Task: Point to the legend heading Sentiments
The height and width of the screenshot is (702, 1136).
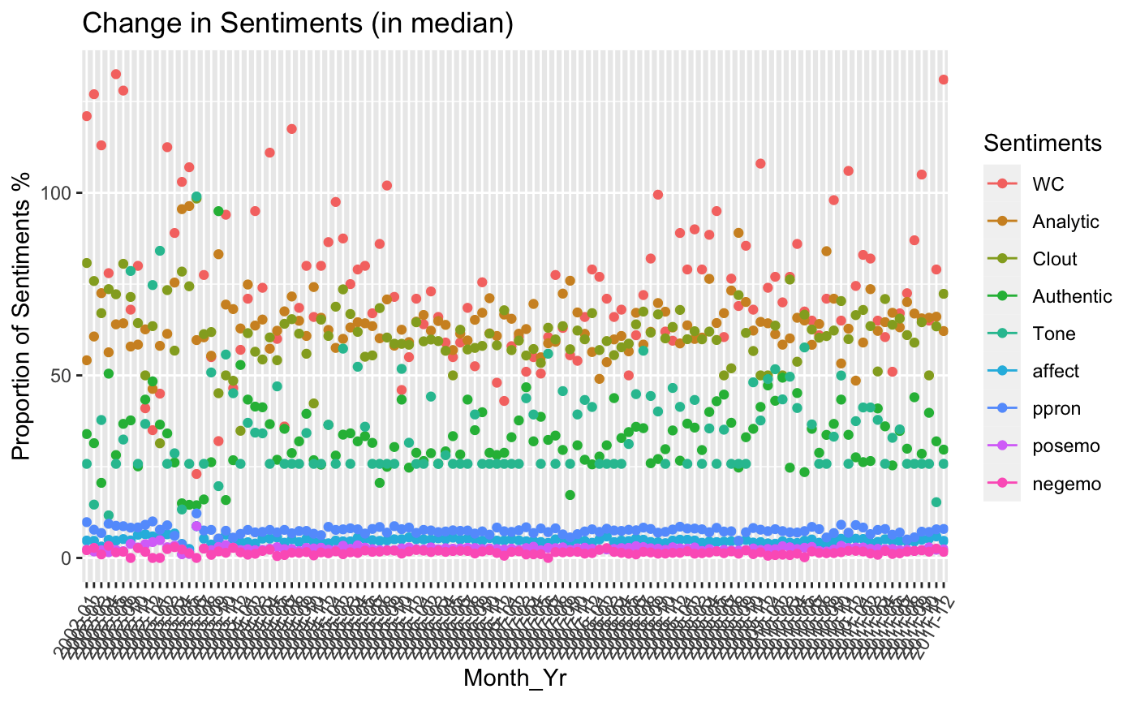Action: pyautogui.click(x=1042, y=144)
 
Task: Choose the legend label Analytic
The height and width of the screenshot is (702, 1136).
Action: pyautogui.click(x=1065, y=222)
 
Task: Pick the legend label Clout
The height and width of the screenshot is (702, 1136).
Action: pyautogui.click(x=1055, y=259)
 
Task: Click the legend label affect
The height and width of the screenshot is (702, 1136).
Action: pyautogui.click(x=1056, y=371)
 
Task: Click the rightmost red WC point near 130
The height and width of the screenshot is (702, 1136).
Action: pyautogui.click(x=943, y=80)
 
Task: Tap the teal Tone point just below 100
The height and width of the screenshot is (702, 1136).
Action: pyautogui.click(x=196, y=196)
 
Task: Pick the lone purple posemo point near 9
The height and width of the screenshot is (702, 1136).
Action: pyautogui.click(x=196, y=526)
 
